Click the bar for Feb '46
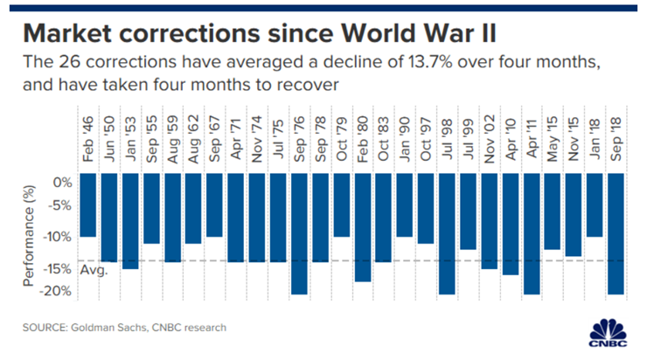(x=88, y=205)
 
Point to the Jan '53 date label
(x=131, y=140)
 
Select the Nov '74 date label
(x=257, y=140)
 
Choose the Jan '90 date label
(x=405, y=140)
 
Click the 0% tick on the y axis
(x=62, y=183)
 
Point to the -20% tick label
(x=56, y=292)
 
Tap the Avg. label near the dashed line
(x=94, y=271)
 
